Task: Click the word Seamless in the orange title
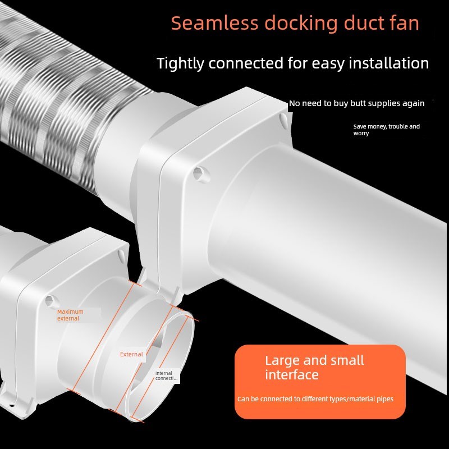click(x=215, y=23)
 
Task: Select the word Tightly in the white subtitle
click(x=180, y=63)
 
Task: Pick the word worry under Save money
click(x=361, y=134)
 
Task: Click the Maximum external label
click(x=71, y=315)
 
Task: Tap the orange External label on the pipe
click(x=131, y=354)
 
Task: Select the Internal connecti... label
click(x=166, y=375)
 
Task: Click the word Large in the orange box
click(x=282, y=361)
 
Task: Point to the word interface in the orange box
click(x=292, y=375)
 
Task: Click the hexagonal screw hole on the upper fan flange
click(x=200, y=174)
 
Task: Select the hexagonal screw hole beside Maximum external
click(x=51, y=300)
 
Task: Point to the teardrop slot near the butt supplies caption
click(x=283, y=120)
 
